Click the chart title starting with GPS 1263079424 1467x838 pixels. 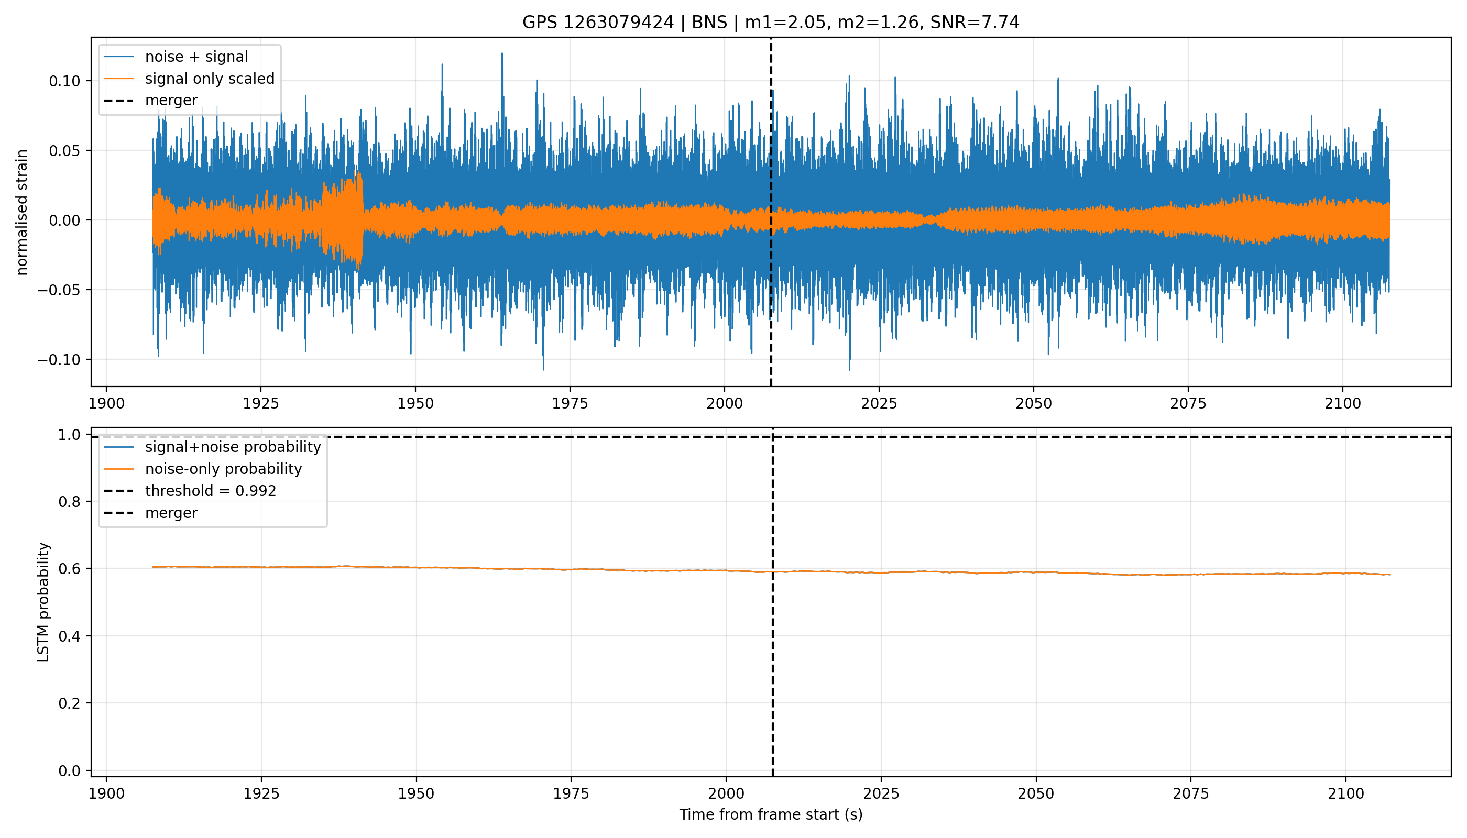click(x=770, y=23)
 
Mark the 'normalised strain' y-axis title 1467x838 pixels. click(x=22, y=212)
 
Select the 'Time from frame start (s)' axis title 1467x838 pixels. click(x=770, y=815)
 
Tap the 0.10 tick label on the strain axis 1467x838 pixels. click(x=64, y=81)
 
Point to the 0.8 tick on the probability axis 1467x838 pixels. click(x=70, y=502)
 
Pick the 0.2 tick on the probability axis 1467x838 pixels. click(x=70, y=703)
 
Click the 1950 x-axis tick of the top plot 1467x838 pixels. click(x=415, y=403)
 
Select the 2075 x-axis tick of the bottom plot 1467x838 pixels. click(x=1191, y=793)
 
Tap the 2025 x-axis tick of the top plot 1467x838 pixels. click(x=879, y=403)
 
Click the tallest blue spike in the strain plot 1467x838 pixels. click(x=502, y=53)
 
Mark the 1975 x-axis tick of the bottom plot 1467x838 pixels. click(x=571, y=793)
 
